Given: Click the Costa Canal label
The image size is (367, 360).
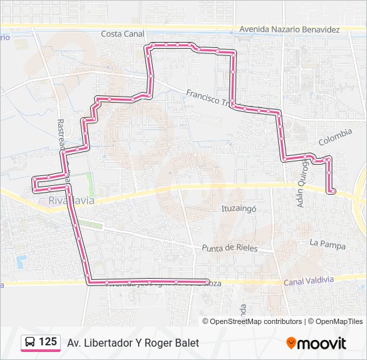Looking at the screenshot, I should [x=123, y=33].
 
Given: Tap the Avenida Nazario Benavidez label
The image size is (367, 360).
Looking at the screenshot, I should [x=289, y=30].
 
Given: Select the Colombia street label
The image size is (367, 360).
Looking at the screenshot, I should [x=335, y=137].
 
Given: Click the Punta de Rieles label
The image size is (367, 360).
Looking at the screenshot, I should [x=229, y=248].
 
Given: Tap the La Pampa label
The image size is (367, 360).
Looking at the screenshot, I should [x=328, y=245].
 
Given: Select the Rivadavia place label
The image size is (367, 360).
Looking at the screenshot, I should [x=71, y=200].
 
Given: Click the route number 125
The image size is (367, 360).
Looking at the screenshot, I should [x=47, y=342].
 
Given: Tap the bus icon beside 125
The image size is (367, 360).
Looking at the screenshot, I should [x=30, y=343].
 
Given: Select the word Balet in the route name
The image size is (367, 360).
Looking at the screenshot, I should [x=186, y=343].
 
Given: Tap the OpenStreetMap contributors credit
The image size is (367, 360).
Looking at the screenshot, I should [x=256, y=321].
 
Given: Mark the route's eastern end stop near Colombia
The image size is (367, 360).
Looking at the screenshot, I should [x=330, y=192].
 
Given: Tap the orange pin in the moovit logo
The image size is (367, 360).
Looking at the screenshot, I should [x=291, y=343].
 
